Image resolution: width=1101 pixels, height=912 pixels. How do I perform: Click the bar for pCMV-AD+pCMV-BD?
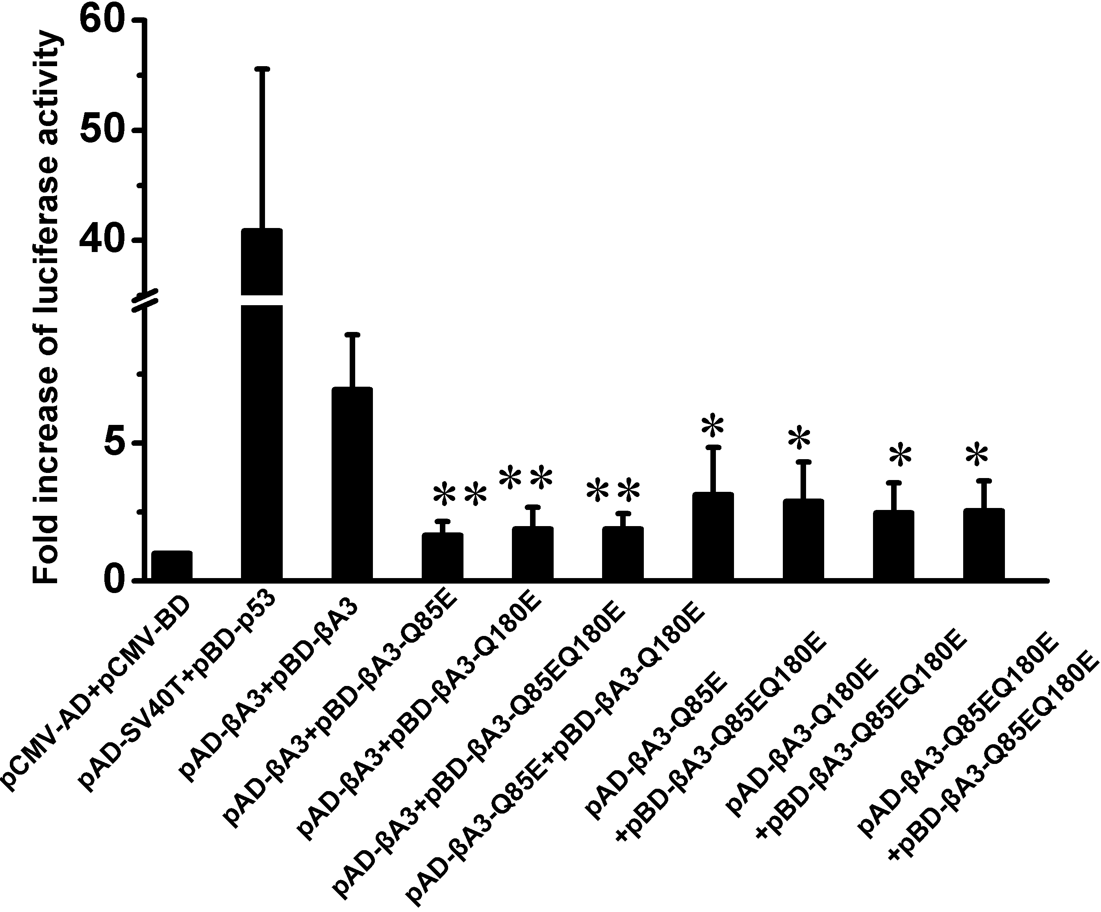point(171,565)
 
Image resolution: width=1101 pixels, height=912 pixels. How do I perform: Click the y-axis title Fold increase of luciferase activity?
point(47,310)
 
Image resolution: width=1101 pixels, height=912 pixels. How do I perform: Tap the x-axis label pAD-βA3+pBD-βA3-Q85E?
point(341,708)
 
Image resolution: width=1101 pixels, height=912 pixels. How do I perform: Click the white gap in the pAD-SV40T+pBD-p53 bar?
point(261,300)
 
